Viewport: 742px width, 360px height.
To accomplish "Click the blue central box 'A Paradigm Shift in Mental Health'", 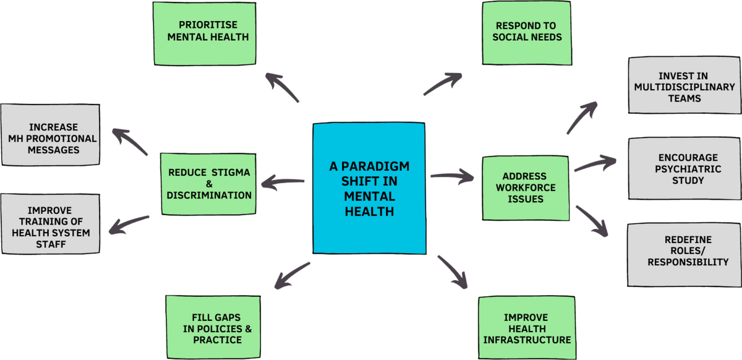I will [369, 189].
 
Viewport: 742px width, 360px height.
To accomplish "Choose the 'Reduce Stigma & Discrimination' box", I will [209, 184].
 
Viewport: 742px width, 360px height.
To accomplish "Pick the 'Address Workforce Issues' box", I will [526, 188].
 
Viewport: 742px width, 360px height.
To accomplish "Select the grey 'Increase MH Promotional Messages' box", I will [50, 134].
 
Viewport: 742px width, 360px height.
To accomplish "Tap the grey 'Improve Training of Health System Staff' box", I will [50, 223].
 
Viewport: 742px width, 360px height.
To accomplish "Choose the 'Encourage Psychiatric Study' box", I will [684, 169].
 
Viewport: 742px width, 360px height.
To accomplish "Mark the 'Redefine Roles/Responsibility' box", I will [684, 254].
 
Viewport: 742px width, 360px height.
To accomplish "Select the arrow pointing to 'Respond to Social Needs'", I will [443, 84].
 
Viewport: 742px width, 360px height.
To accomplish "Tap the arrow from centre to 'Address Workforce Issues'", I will [452, 177].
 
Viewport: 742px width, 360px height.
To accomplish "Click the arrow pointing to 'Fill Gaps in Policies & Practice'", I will [291, 275].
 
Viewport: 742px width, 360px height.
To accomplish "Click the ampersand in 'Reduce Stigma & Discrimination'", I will [209, 184].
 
